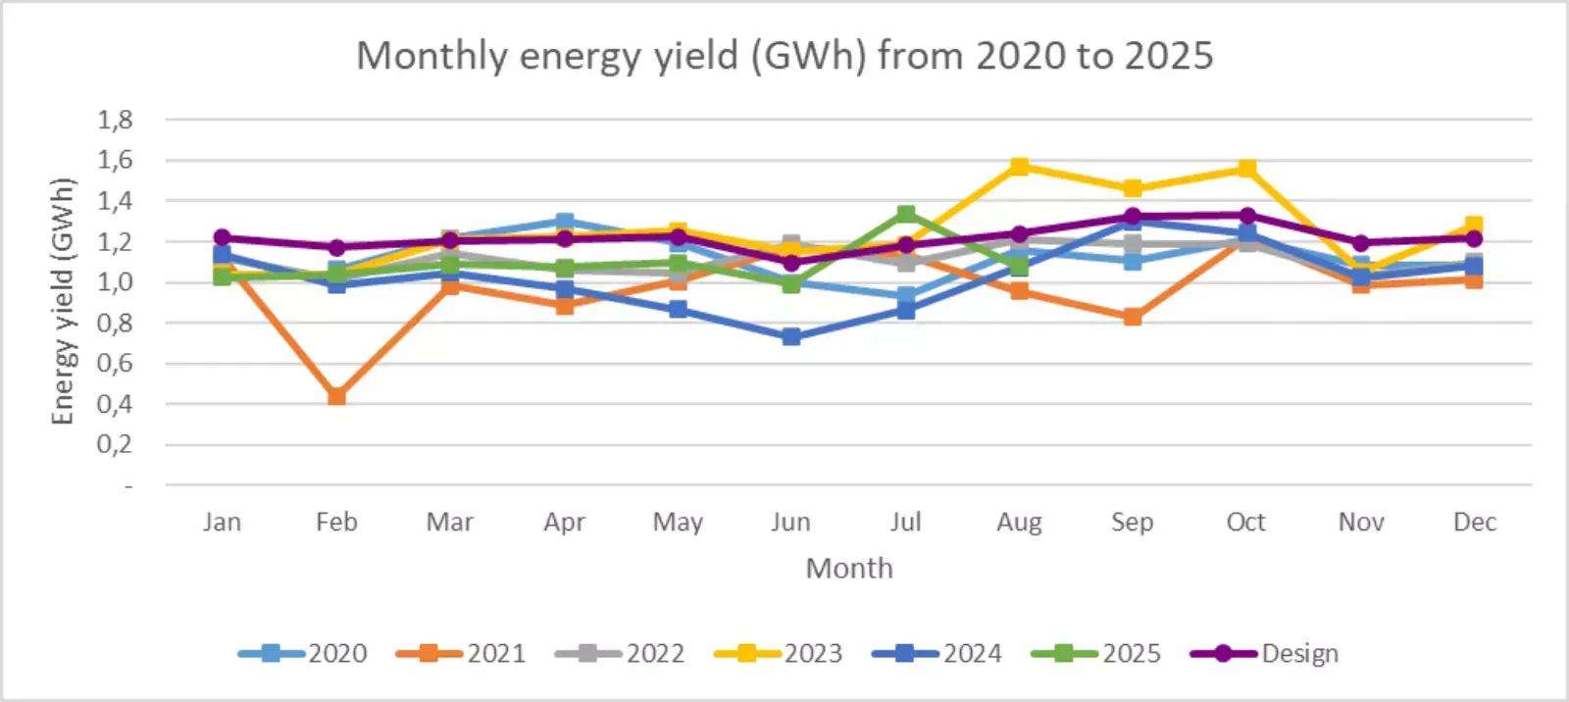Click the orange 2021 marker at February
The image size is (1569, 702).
pos(336,396)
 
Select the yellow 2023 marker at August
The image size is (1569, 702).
pos(1019,167)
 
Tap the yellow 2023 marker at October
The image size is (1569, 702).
pos(1246,169)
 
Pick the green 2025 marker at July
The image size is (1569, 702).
pos(906,215)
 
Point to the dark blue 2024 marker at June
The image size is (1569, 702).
pos(791,336)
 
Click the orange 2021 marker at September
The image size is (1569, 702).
pos(1133,317)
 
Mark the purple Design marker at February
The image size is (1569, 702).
pos(336,247)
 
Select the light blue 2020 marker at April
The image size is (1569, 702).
pos(564,222)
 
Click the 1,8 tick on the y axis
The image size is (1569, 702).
pos(115,120)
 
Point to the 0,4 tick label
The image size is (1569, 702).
pos(115,404)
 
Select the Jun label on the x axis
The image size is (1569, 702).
pos(790,522)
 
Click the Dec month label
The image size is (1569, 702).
pos(1474,522)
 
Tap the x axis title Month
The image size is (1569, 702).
pos(849,569)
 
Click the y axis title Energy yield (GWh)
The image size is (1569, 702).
pos(63,302)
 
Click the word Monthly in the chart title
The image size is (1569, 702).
pos(430,56)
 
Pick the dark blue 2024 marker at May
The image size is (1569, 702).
pos(678,309)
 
